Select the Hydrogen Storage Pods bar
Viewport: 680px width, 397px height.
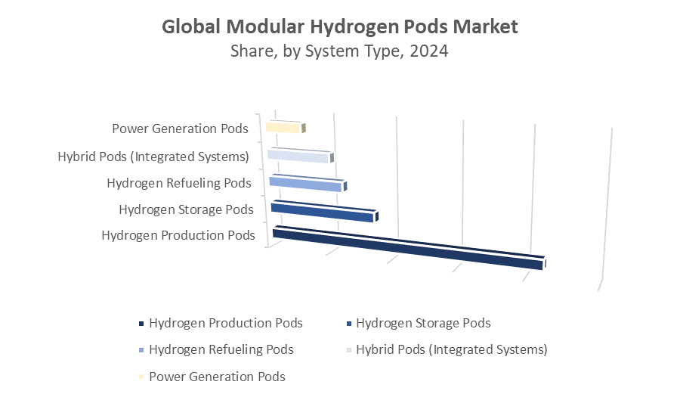[323, 212]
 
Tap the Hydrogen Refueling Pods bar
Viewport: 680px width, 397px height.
[306, 183]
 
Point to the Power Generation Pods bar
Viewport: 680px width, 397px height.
[283, 127]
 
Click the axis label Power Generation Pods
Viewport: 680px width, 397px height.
[180, 129]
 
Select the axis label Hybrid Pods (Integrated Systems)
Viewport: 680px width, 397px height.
[153, 157]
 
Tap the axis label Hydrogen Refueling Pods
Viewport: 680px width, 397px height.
[179, 183]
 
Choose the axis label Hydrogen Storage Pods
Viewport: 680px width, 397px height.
[186, 209]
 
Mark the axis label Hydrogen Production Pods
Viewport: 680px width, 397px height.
[178, 235]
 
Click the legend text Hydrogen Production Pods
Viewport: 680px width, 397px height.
[226, 323]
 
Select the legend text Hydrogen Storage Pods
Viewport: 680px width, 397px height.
[423, 323]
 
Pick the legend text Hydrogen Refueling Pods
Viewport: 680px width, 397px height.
[221, 349]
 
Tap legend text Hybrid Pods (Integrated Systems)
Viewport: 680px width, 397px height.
[452, 349]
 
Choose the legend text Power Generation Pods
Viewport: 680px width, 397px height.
[218, 376]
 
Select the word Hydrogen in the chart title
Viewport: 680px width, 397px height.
[345, 26]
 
